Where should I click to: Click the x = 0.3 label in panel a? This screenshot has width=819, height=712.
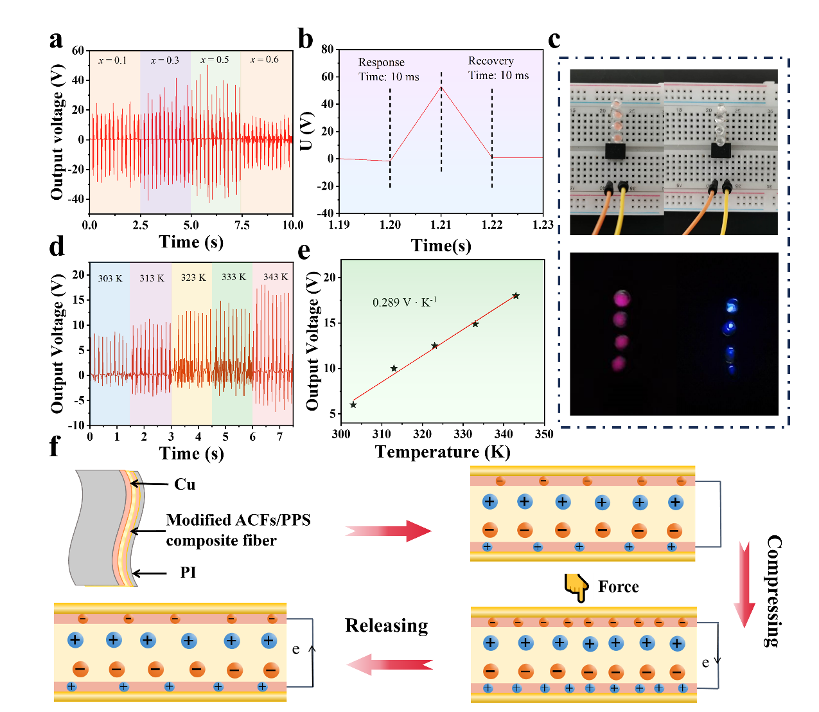tap(164, 60)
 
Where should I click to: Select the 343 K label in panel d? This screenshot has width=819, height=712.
tap(276, 277)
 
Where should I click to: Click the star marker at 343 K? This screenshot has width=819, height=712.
tap(516, 296)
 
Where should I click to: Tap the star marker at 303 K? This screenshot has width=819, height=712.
tap(353, 405)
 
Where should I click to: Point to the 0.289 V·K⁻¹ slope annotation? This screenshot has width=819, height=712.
tap(405, 302)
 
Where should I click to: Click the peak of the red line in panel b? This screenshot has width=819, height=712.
tap(441, 87)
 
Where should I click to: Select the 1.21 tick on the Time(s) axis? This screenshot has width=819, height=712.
tap(441, 225)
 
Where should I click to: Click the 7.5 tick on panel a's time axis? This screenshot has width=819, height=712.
tap(242, 225)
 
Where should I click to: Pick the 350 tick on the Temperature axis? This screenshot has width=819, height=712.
tap(544, 434)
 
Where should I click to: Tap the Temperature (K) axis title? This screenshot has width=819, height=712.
tap(443, 452)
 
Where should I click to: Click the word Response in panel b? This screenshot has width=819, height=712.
tap(381, 62)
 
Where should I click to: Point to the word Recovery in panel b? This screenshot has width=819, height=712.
tap(491, 61)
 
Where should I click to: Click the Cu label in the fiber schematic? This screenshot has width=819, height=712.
tap(185, 485)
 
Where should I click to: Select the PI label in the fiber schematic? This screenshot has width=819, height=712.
tap(188, 573)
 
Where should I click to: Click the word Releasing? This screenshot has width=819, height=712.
tap(386, 626)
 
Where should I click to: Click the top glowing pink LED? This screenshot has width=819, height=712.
tap(621, 298)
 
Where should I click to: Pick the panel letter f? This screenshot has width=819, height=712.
tap(55, 447)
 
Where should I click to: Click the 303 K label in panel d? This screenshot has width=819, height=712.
tap(110, 278)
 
